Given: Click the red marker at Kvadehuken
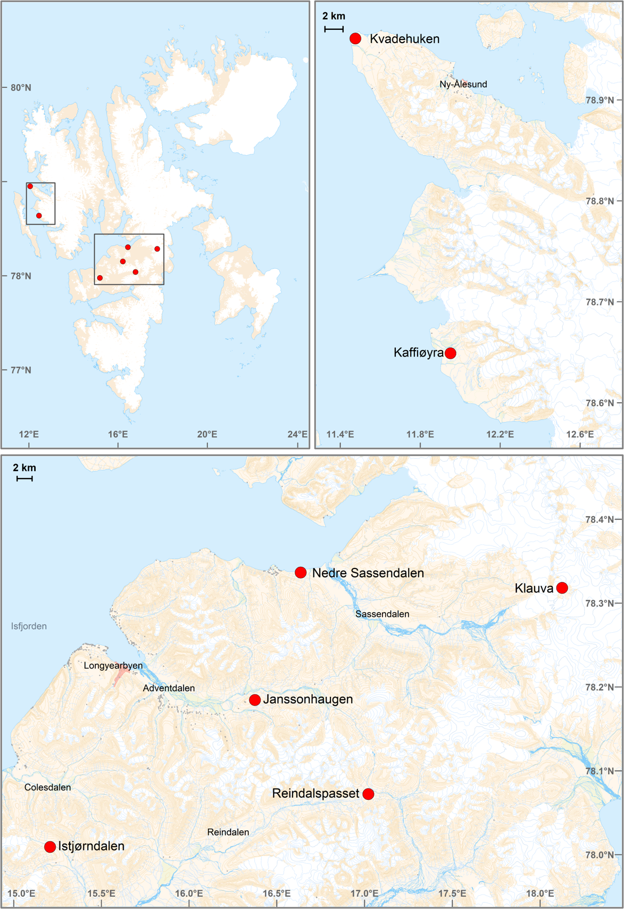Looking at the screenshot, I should coord(355,38).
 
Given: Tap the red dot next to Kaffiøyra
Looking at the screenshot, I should coord(450,353).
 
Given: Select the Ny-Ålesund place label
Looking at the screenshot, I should coord(463,84).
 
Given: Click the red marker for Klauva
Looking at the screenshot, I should coord(562,588).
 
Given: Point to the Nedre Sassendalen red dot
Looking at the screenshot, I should coord(301,573).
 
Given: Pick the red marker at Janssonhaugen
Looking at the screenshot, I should coord(255,700).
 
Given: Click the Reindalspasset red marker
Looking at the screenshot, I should coord(368,794).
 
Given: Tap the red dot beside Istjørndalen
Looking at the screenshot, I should coord(50,847).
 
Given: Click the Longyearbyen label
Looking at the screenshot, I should coord(113,666).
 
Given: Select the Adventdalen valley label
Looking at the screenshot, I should coord(169,688).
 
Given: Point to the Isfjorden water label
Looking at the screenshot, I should coord(29,626).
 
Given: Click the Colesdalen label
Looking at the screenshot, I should coord(47,787).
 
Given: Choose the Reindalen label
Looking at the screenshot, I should coord(228,832).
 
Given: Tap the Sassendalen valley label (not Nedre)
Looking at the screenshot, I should coord(382,614).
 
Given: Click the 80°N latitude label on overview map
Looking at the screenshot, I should coord(21,87).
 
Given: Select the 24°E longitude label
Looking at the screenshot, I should coord(297,434).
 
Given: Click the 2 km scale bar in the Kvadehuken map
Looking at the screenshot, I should coord(334,29).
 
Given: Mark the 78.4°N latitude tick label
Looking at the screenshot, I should coord(600,519).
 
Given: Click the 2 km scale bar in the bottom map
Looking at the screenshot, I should coord(24,478).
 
